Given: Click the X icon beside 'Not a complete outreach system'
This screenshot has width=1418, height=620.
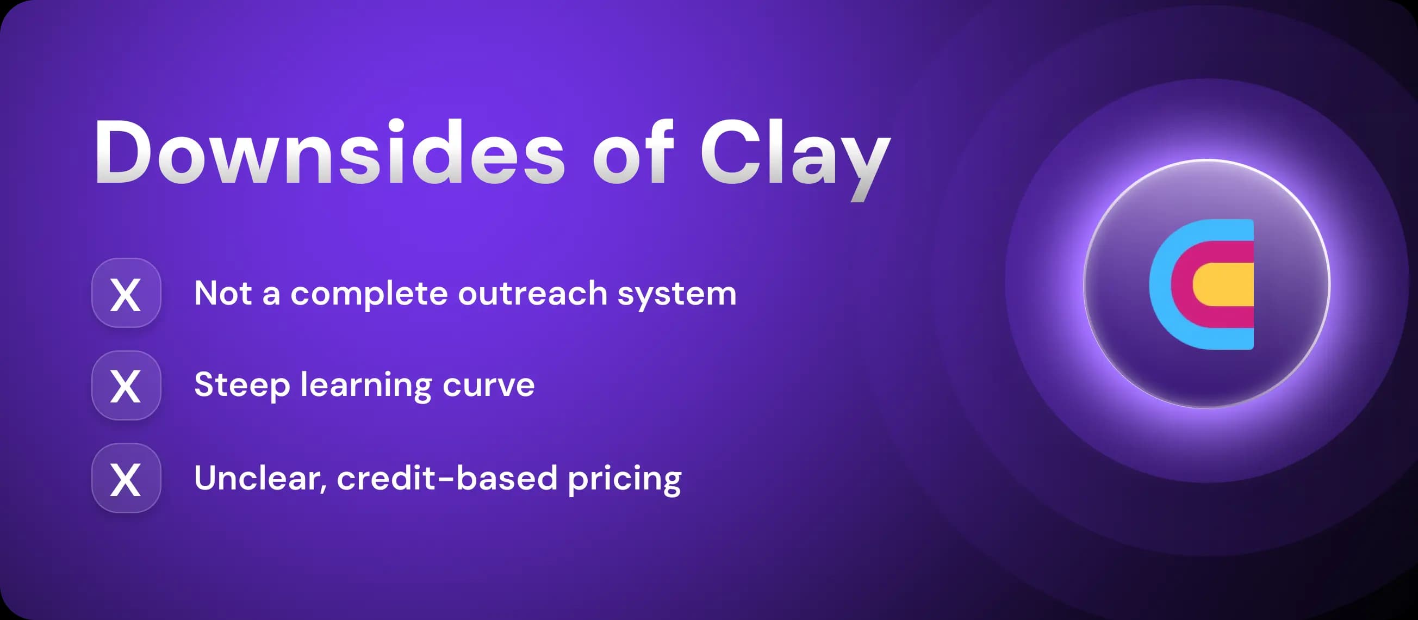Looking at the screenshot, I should point(126,294).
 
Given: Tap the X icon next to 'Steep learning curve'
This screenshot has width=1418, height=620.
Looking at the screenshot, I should point(126,386).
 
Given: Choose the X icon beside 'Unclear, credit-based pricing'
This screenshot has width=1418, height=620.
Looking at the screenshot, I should point(126,478).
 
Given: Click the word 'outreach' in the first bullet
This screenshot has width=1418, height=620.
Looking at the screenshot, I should point(532,294).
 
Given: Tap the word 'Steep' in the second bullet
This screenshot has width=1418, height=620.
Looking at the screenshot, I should point(241,385).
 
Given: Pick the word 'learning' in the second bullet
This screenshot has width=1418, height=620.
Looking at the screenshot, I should point(365,386).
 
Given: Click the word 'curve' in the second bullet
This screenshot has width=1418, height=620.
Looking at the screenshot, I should point(488,386).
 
